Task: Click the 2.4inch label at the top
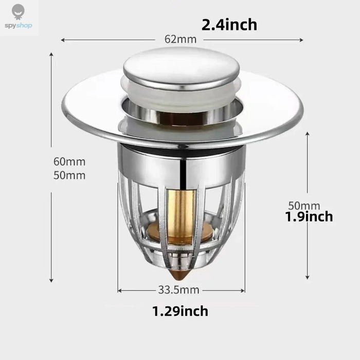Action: tap(229, 25)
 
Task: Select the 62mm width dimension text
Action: tap(181, 39)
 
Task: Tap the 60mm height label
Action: tap(69, 161)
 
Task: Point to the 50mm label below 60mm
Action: tap(69, 175)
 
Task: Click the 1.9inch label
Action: tap(309, 217)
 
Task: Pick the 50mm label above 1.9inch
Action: tap(304, 206)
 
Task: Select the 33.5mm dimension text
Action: tap(178, 290)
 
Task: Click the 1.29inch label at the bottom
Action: tap(180, 311)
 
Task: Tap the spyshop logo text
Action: tap(19, 25)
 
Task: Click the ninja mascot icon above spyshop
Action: tap(18, 12)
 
